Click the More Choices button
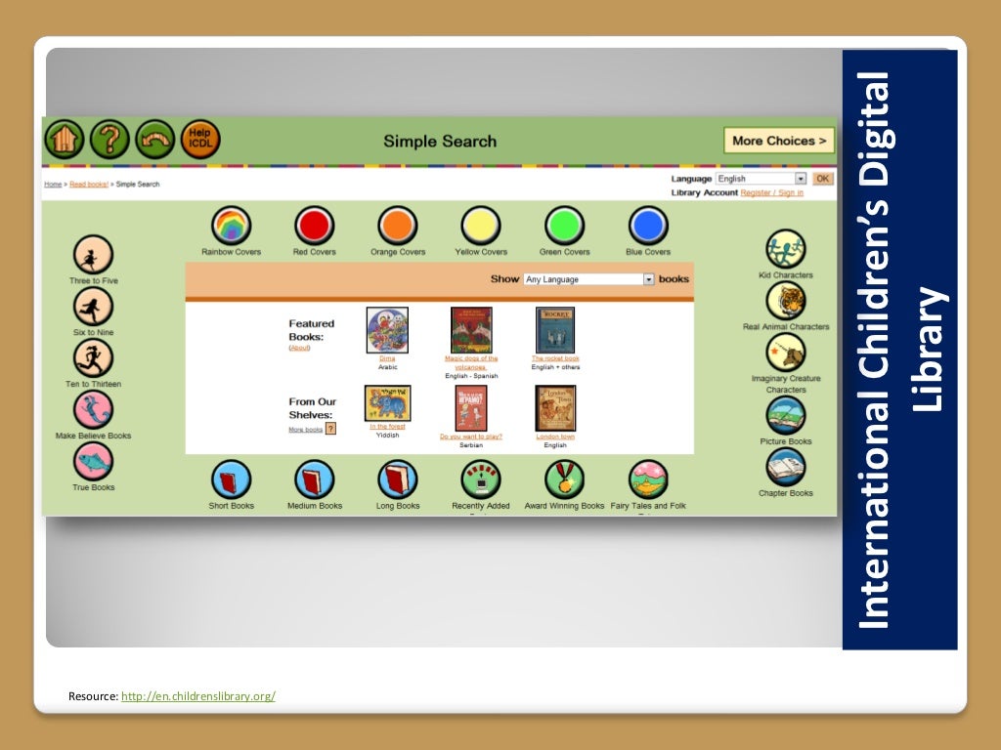pyautogui.click(x=779, y=141)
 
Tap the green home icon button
pyautogui.click(x=64, y=140)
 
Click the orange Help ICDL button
pyautogui.click(x=199, y=140)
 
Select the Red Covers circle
pyautogui.click(x=314, y=227)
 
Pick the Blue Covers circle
pyautogui.click(x=648, y=227)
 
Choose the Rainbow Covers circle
pyautogui.click(x=231, y=227)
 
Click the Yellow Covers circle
pyautogui.click(x=481, y=227)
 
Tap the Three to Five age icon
pyautogui.click(x=93, y=256)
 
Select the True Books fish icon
pyautogui.click(x=93, y=461)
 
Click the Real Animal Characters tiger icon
pyautogui.click(x=786, y=301)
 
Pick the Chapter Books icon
pyautogui.click(x=786, y=468)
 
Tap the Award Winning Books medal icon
pyautogui.click(x=564, y=479)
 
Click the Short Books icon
pyautogui.click(x=231, y=479)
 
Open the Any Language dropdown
pyautogui.click(x=588, y=279)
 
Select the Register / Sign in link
pyautogui.click(x=771, y=192)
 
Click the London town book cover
pyautogui.click(x=555, y=408)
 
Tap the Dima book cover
pyautogui.click(x=387, y=330)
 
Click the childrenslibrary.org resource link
pyautogui.click(x=197, y=696)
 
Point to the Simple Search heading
pyautogui.click(x=440, y=142)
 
